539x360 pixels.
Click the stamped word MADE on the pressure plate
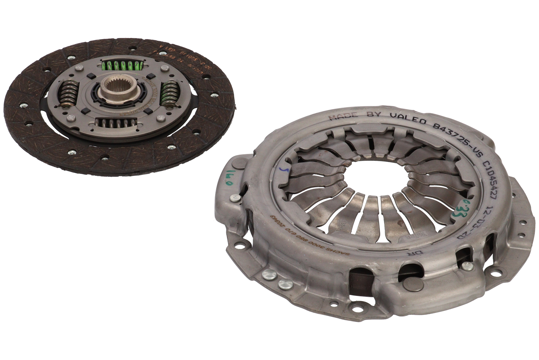[x=343, y=116]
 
